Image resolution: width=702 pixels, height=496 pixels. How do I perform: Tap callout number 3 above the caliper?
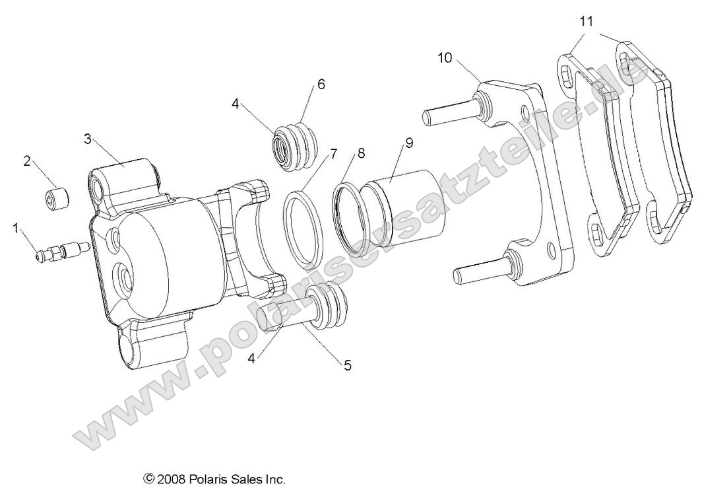87,139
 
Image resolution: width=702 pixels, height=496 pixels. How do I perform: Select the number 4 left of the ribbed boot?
236,103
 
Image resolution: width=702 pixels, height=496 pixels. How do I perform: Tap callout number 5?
347,364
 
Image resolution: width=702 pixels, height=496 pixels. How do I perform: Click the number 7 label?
334,155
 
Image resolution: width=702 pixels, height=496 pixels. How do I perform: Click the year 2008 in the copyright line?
173,478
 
